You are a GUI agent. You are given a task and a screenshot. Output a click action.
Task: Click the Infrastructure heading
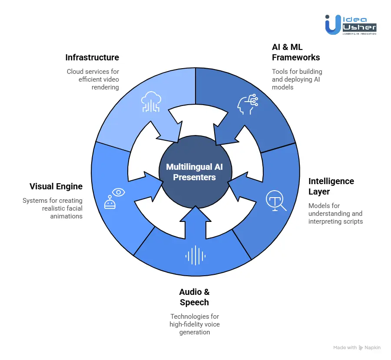[92, 57]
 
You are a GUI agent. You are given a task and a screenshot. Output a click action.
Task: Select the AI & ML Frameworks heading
[296, 52]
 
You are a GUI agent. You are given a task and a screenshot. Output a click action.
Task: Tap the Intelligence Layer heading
[331, 186]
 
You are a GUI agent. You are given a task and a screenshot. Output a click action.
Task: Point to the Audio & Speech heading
[194, 297]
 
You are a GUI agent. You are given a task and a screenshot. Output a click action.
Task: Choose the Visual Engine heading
[56, 186]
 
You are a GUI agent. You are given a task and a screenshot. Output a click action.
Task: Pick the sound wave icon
[195, 255]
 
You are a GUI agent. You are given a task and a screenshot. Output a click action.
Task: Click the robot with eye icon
[114, 198]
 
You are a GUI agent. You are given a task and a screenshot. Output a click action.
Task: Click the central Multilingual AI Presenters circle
[194, 172]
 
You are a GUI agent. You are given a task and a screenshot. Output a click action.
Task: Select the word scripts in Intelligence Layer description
[354, 221]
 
